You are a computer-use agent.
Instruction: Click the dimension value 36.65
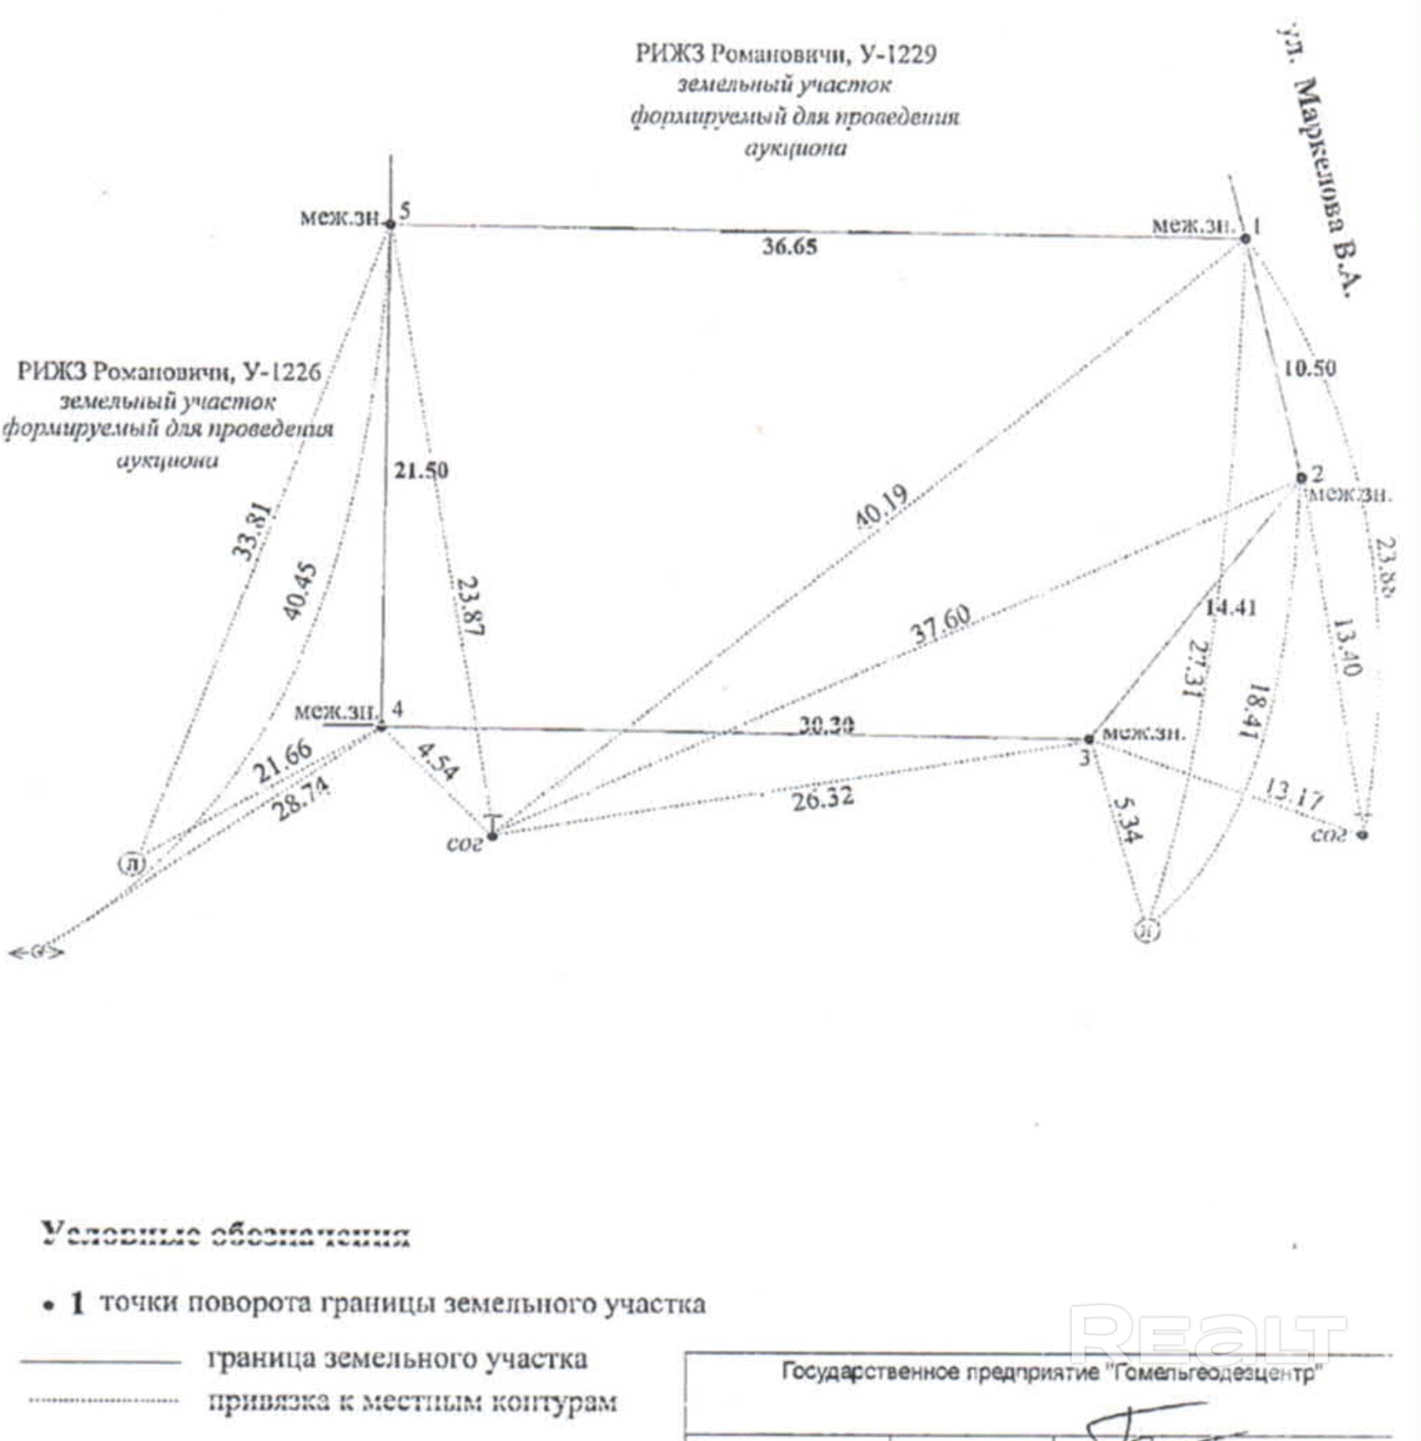coord(790,247)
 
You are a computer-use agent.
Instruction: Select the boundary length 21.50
coord(421,471)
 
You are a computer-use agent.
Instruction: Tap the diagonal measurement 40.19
coord(882,507)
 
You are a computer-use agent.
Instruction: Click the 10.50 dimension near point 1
coord(1310,368)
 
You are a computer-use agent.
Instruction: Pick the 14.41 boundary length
coord(1231,607)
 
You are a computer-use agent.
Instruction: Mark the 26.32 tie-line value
coord(823,799)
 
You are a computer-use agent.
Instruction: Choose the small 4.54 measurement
coord(436,760)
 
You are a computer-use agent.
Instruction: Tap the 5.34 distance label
coord(1126,819)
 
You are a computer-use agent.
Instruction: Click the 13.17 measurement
coord(1293,794)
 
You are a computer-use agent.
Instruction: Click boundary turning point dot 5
coord(391,225)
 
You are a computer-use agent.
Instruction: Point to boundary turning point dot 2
coord(1301,478)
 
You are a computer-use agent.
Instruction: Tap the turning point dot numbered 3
coord(1088,739)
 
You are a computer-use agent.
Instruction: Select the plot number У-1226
coord(282,371)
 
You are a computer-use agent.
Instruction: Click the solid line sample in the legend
coord(100,1363)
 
